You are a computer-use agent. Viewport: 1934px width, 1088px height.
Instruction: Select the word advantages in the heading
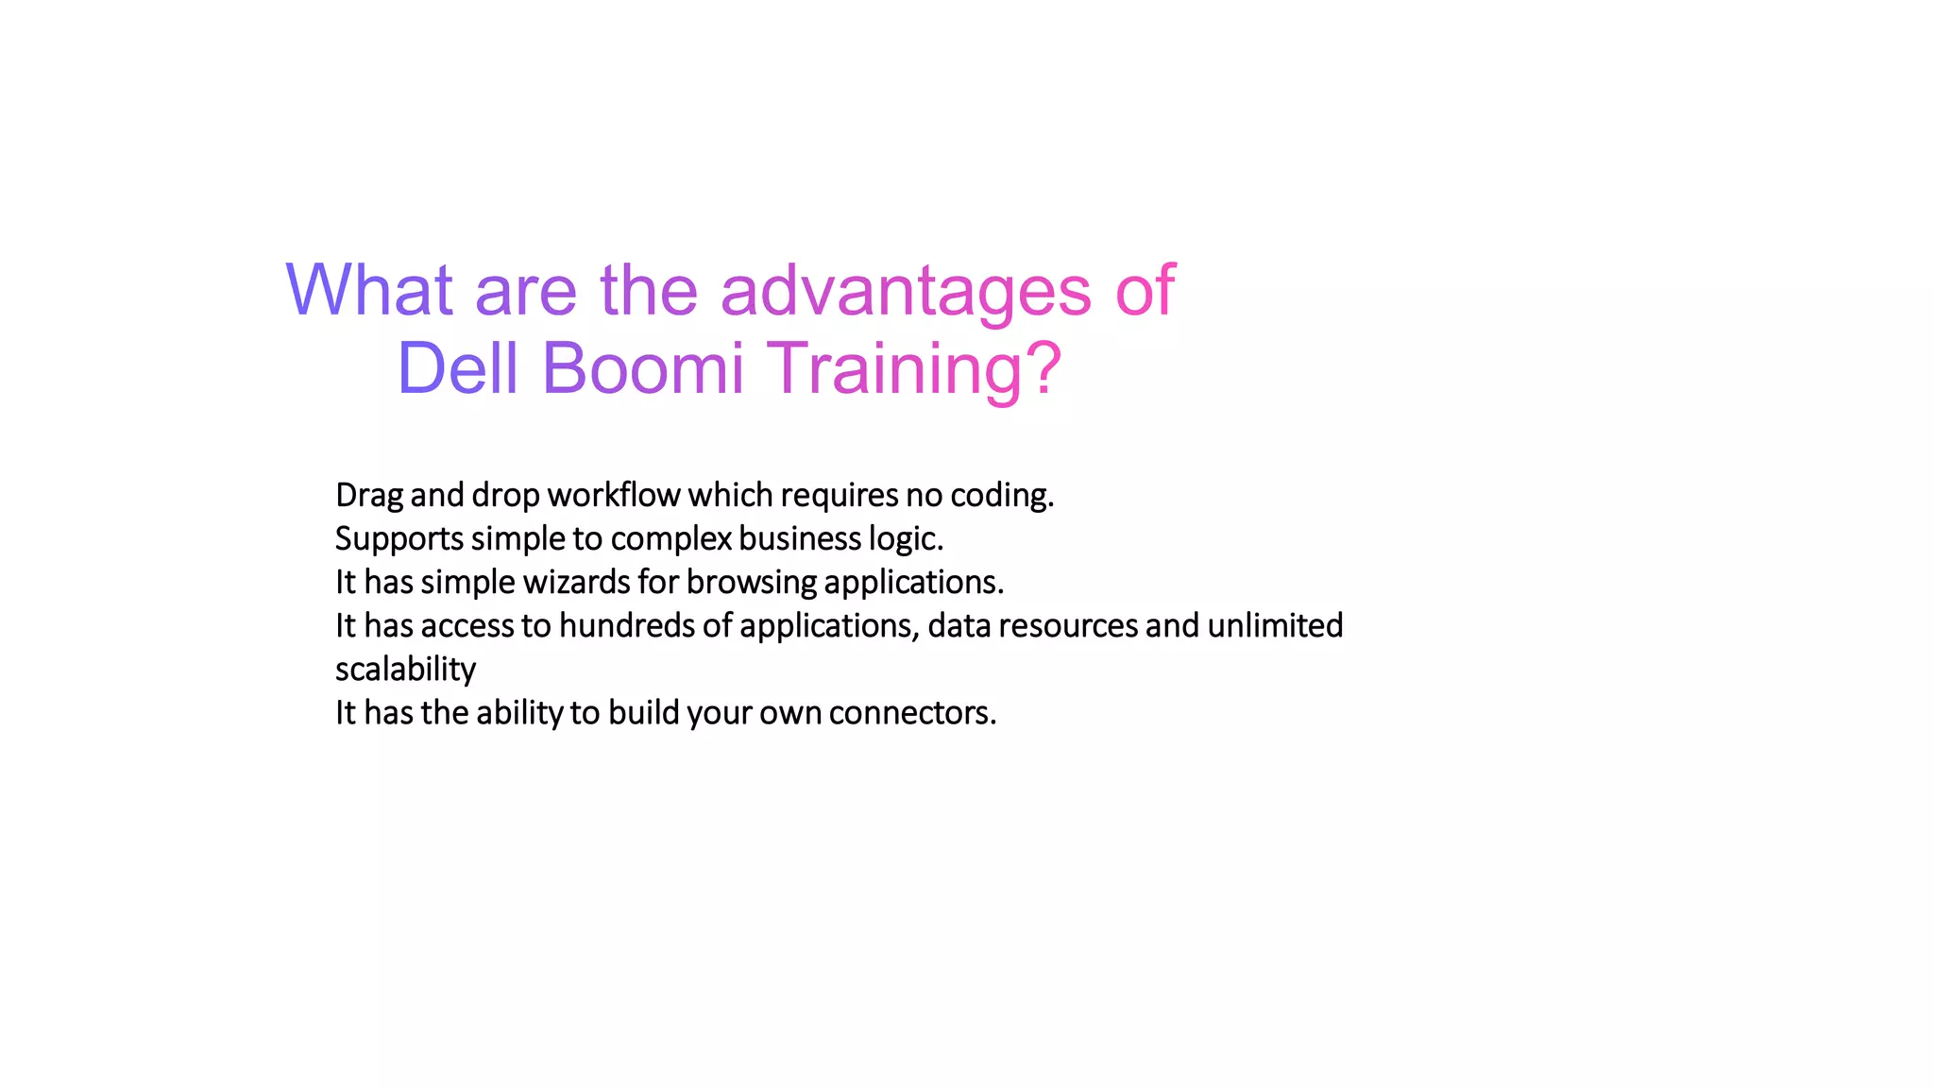pyautogui.click(x=906, y=291)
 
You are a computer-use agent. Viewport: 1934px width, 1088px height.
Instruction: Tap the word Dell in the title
pyautogui.click(x=458, y=368)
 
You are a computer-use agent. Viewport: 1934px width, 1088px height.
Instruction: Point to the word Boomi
pyautogui.click(x=643, y=368)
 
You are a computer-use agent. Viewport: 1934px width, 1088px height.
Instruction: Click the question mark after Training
pyautogui.click(x=1043, y=368)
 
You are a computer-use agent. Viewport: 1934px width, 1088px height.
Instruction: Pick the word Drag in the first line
pyautogui.click(x=369, y=495)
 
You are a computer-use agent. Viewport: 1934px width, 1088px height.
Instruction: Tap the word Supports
pyautogui.click(x=399, y=538)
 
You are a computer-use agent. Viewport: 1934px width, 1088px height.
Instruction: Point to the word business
pyautogui.click(x=800, y=538)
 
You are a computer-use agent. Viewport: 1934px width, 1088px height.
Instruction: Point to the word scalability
pyautogui.click(x=405, y=669)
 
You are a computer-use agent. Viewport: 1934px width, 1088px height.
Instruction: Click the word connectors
pyautogui.click(x=912, y=712)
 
